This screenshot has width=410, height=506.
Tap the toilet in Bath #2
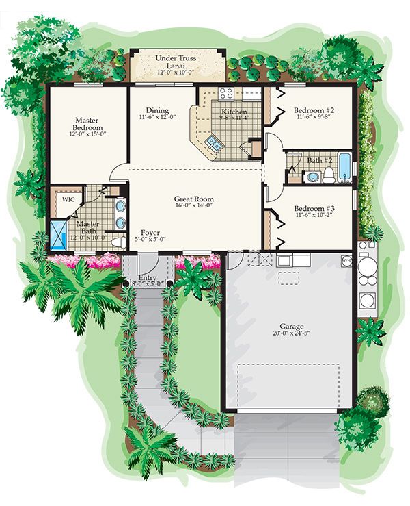(329, 176)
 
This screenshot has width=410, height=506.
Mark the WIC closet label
(68, 199)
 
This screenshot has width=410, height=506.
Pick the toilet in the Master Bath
(118, 242)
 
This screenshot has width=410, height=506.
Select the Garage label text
(291, 327)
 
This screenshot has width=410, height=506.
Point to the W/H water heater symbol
(346, 260)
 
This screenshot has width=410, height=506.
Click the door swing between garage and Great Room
(234, 260)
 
